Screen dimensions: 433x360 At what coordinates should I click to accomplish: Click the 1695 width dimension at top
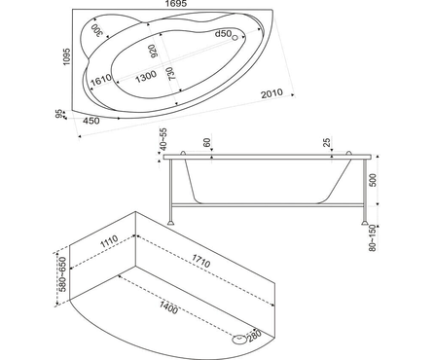[x=176, y=4]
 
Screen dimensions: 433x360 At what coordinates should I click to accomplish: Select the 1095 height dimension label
[x=67, y=56]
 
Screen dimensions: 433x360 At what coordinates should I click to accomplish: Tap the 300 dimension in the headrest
[x=96, y=30]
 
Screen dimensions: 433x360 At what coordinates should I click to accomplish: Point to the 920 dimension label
[x=154, y=52]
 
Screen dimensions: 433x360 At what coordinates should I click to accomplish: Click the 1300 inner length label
[x=146, y=76]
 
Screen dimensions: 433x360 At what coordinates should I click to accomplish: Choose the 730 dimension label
[x=170, y=73]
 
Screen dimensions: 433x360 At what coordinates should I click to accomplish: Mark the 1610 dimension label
[x=101, y=80]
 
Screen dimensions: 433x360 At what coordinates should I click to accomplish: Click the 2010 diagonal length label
[x=271, y=93]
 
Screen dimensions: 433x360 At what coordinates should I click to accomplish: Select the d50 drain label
[x=223, y=33]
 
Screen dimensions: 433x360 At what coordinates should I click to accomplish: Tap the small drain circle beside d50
[x=235, y=38]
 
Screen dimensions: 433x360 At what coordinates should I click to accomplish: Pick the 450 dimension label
[x=91, y=121]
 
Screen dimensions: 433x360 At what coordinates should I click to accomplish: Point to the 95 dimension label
[x=58, y=114]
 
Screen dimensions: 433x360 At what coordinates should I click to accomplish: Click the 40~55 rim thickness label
[x=163, y=139]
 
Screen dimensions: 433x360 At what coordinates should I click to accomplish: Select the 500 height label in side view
[x=374, y=180]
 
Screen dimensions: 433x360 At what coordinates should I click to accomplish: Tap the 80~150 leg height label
[x=373, y=237]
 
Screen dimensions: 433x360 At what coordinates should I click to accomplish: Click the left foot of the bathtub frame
[x=170, y=223]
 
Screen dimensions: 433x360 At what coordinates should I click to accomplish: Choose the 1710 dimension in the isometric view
[x=201, y=261]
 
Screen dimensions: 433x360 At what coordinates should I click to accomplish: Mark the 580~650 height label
[x=62, y=274]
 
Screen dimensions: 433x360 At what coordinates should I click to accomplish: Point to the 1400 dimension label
[x=168, y=307]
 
